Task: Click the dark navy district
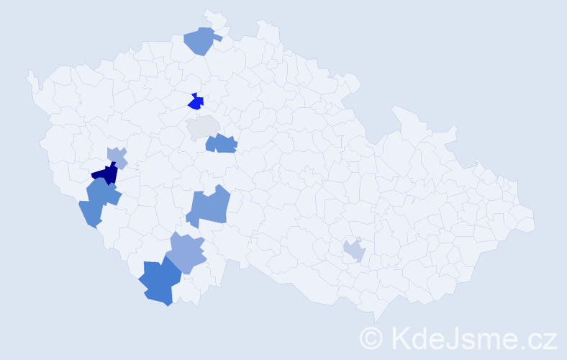click(106, 174)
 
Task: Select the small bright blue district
click(195, 102)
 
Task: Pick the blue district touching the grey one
click(222, 143)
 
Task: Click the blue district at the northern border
click(201, 40)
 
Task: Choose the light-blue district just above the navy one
click(117, 156)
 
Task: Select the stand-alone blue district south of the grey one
click(209, 207)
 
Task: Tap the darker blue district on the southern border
click(160, 283)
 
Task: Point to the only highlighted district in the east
click(354, 251)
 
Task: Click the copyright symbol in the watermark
click(372, 337)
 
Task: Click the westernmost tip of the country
click(28, 73)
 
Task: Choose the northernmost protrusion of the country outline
click(209, 12)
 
